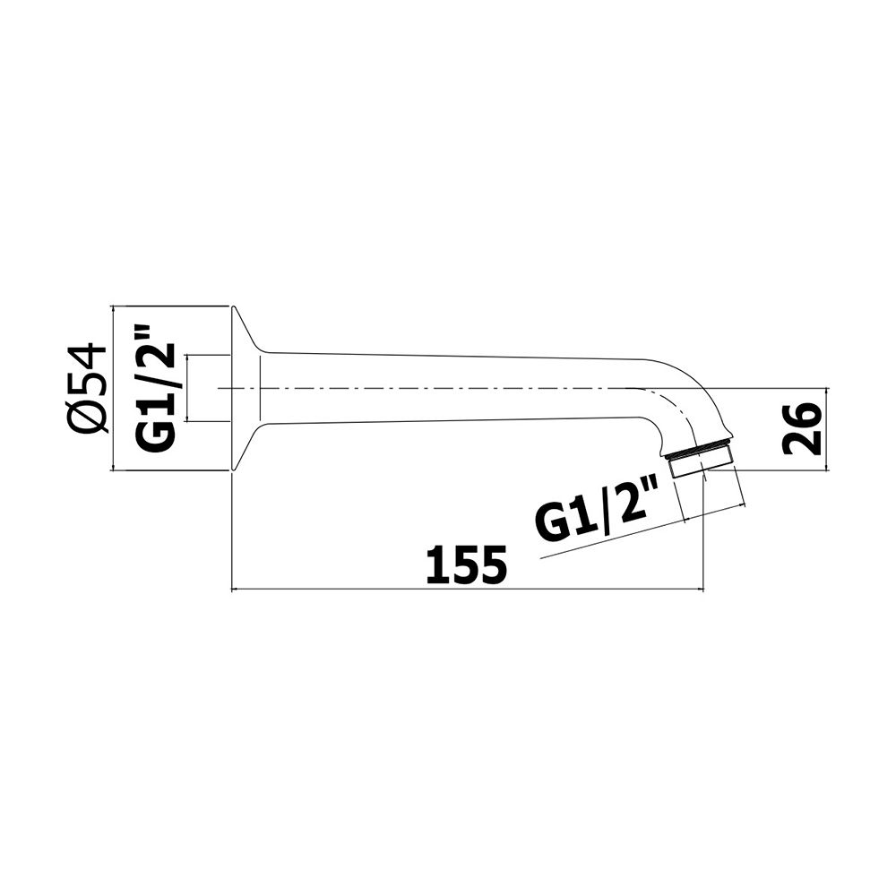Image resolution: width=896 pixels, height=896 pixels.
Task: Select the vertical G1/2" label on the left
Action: point(154,389)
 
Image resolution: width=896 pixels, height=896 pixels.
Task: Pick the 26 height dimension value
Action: point(801,428)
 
